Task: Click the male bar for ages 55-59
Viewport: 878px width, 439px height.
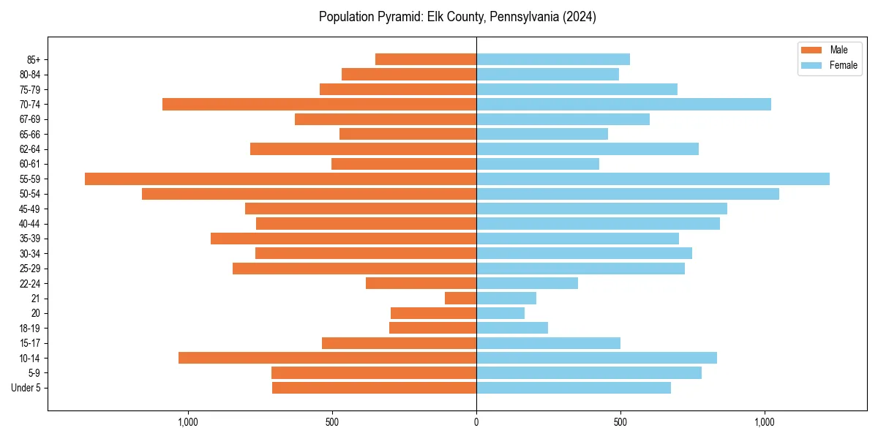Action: (x=280, y=179)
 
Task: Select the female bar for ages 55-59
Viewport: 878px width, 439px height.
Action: (x=653, y=179)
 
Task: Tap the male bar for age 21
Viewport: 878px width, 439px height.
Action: (x=460, y=299)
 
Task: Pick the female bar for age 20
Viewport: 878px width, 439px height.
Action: (x=500, y=313)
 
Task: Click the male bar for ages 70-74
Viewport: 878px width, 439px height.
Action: (x=319, y=105)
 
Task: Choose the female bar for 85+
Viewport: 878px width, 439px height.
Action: (x=553, y=59)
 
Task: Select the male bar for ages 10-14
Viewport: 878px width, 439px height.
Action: (x=327, y=358)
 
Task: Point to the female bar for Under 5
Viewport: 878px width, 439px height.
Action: (x=574, y=388)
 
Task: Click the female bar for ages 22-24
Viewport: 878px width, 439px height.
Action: (x=527, y=283)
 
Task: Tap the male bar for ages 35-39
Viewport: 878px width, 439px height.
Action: (x=343, y=239)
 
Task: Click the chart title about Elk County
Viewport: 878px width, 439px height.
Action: (x=457, y=17)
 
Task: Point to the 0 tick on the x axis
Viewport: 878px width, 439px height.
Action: (x=476, y=422)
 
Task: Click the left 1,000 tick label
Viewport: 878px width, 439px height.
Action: (x=188, y=422)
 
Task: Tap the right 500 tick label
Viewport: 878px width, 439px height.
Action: (x=620, y=422)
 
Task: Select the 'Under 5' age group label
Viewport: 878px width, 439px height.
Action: (x=26, y=388)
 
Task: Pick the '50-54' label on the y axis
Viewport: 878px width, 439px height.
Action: (x=29, y=194)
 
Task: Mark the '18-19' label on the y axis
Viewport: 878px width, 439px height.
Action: (x=29, y=329)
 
